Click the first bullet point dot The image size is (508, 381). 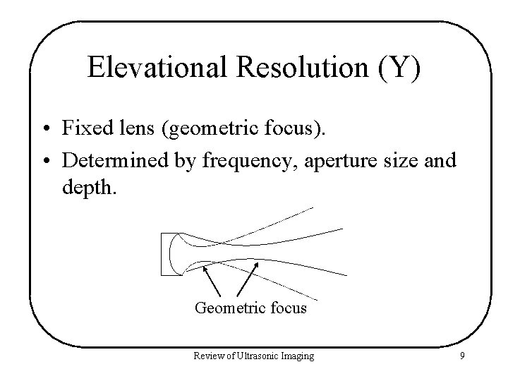pos(44,130)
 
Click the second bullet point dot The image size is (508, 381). pos(44,161)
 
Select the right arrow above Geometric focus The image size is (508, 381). pos(246,280)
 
